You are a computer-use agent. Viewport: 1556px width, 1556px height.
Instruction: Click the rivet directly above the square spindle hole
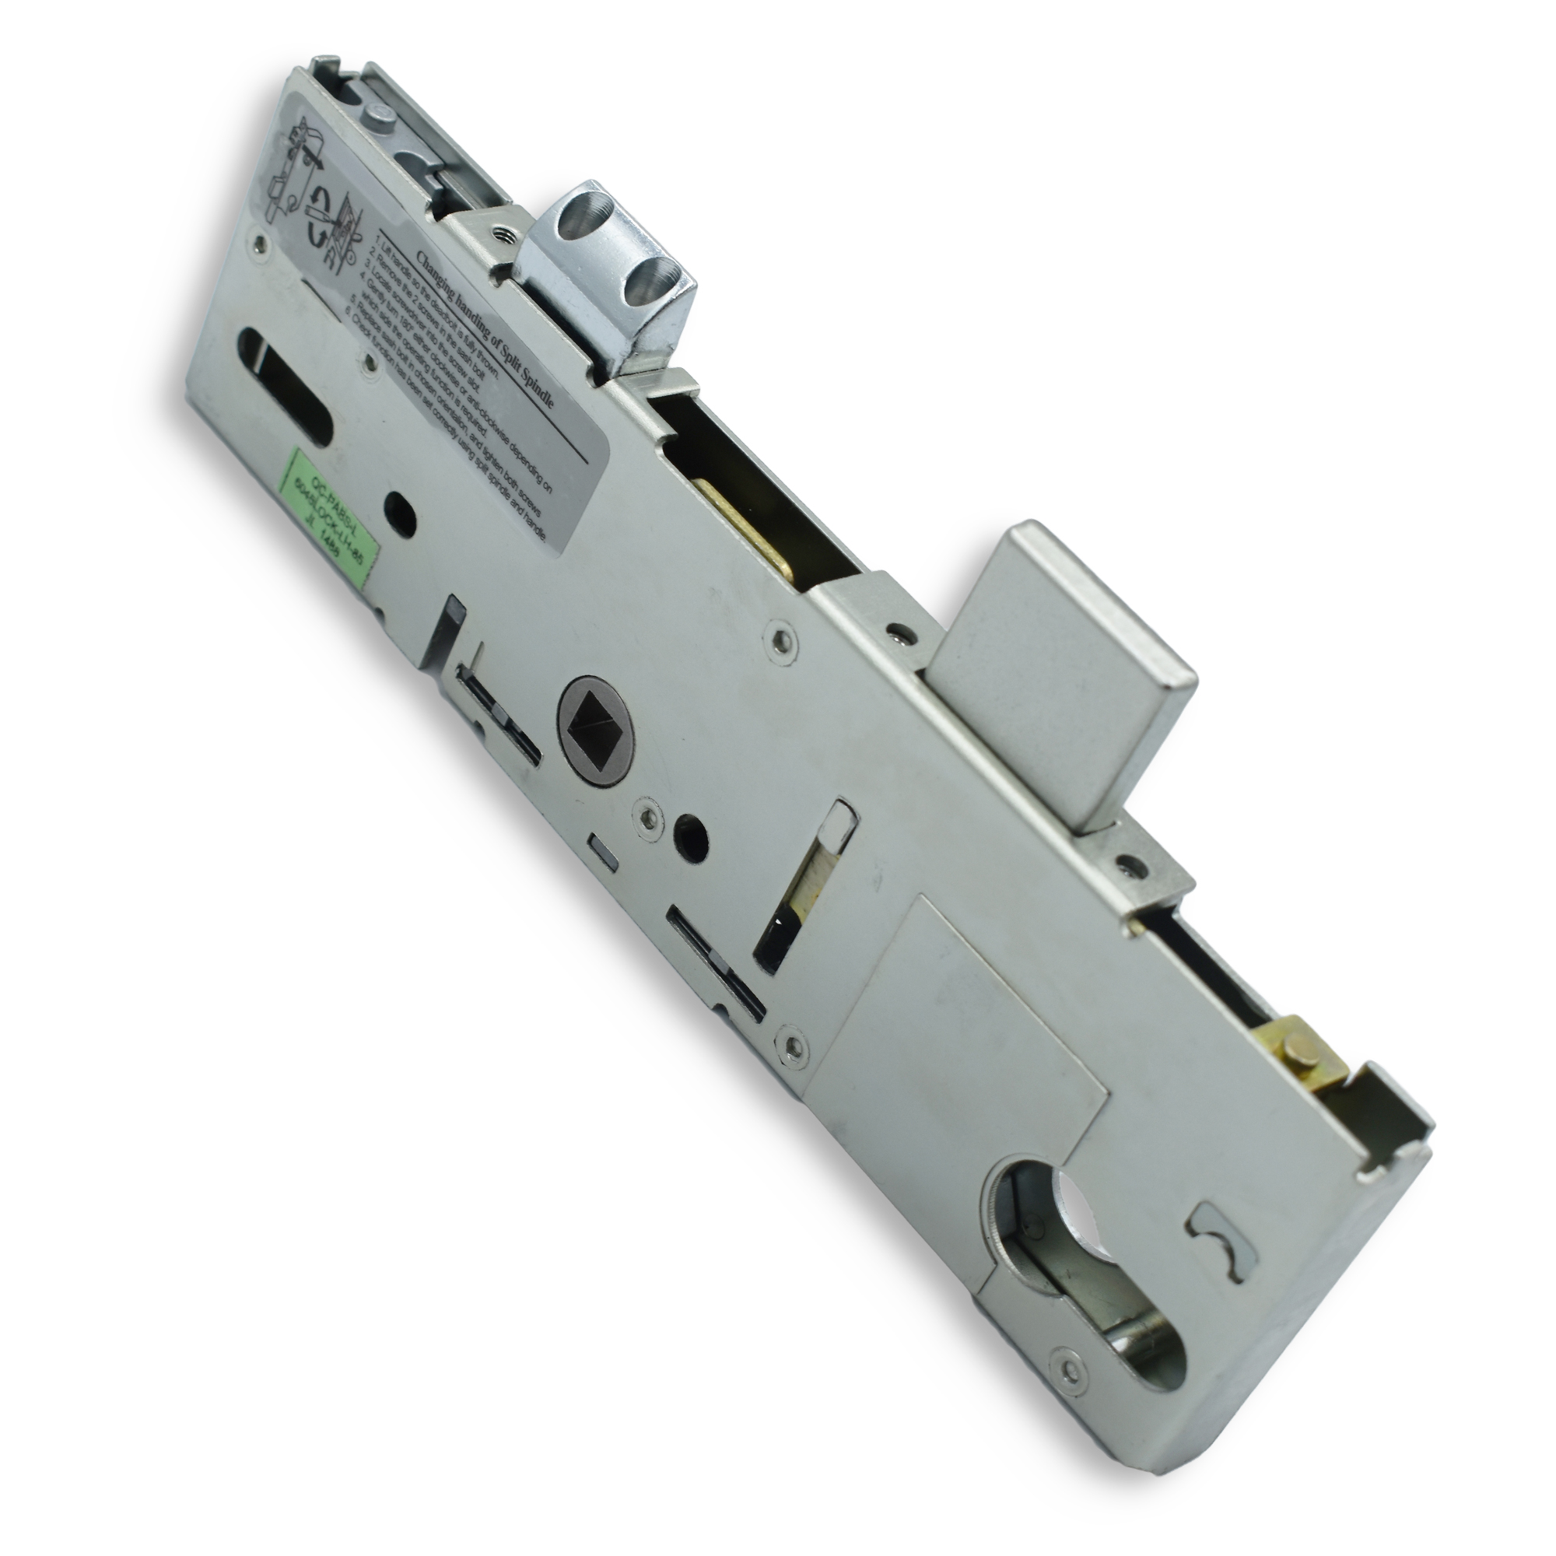point(780,641)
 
